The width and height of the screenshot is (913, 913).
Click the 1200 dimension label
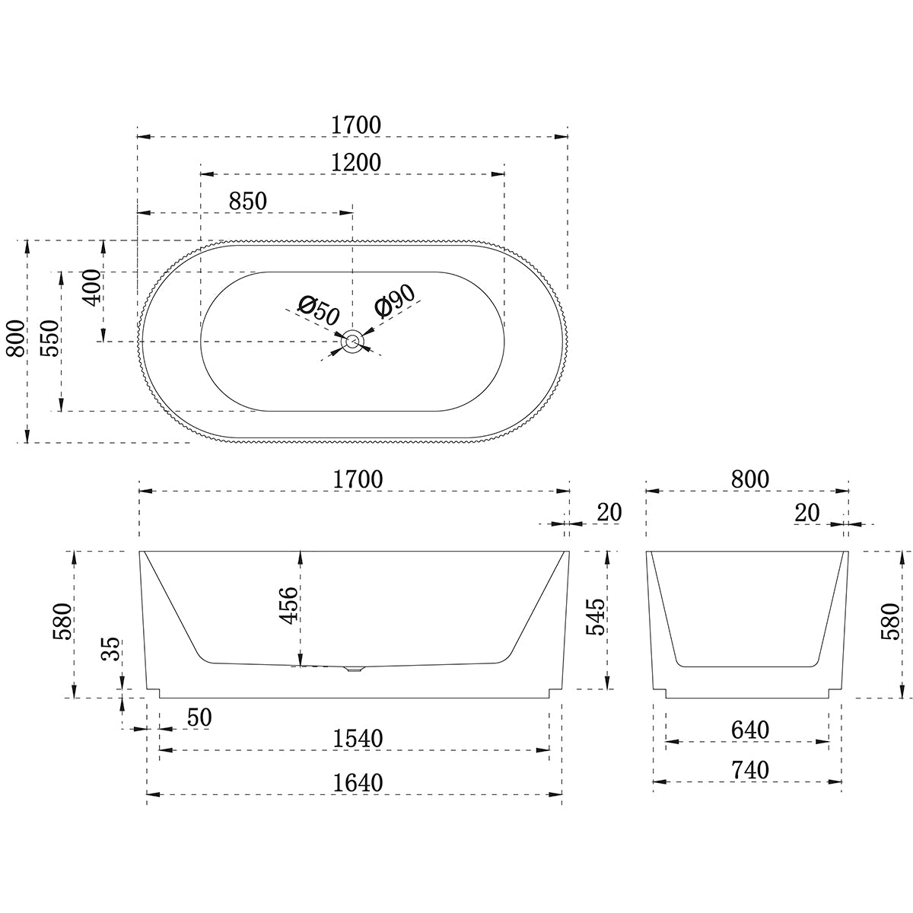(x=356, y=162)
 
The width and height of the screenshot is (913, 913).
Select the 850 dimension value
(x=248, y=201)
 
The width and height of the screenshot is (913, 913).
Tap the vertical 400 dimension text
(x=91, y=287)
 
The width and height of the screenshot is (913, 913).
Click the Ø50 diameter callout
(x=318, y=310)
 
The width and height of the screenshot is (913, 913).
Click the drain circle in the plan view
(x=352, y=342)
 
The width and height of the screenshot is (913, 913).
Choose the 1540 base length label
(x=357, y=738)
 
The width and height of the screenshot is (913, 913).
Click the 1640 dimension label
(x=357, y=781)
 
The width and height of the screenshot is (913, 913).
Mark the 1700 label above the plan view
(x=356, y=124)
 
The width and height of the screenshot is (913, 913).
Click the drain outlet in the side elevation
(x=355, y=670)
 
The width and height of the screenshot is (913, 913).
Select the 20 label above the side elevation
(x=609, y=512)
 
